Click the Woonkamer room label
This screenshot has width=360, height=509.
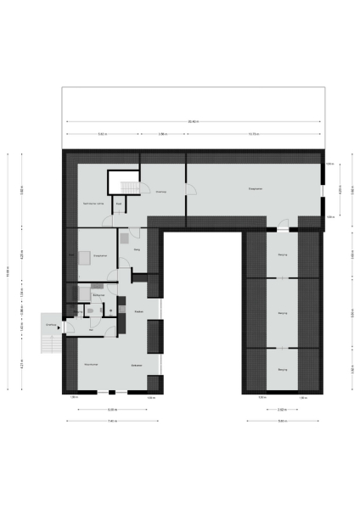point(92,364)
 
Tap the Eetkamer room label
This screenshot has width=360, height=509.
point(136,365)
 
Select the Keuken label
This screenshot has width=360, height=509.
point(138,312)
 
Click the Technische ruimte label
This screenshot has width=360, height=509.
point(93,204)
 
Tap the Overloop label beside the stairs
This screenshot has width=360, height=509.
point(161,192)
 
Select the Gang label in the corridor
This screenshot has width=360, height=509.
point(136,250)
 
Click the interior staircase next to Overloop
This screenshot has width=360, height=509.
point(127,187)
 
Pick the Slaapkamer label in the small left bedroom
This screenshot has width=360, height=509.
point(98,255)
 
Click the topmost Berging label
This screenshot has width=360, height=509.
point(282,255)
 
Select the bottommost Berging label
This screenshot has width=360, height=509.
point(282,369)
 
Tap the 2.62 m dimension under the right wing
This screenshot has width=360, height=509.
point(282,410)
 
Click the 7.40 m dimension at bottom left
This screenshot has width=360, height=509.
point(112,421)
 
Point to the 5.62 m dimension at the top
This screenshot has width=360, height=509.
point(102,134)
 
